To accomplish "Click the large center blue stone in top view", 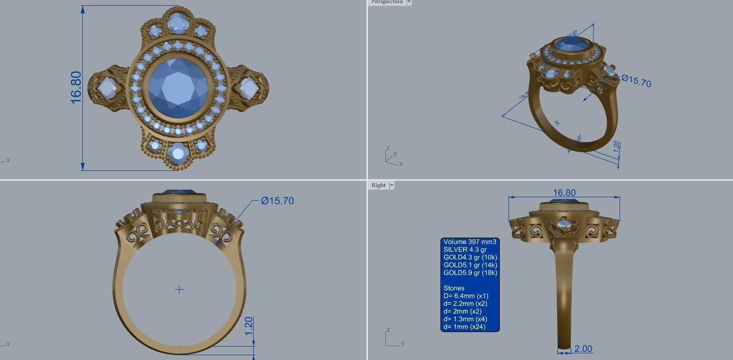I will pyautogui.click(x=178, y=88).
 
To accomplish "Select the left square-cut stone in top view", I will pyautogui.click(x=107, y=88).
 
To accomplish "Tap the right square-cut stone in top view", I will pyautogui.click(x=249, y=88).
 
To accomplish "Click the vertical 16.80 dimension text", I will pyautogui.click(x=76, y=88).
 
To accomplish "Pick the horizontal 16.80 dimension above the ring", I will pyautogui.click(x=564, y=192).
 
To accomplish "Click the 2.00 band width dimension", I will pyautogui.click(x=583, y=349).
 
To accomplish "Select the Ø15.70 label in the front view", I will pyautogui.click(x=278, y=201).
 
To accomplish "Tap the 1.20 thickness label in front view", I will pyautogui.click(x=248, y=326).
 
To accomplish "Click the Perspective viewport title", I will pyautogui.click(x=387, y=2).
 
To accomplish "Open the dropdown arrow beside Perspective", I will pyautogui.click(x=409, y=2).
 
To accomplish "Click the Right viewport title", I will pyautogui.click(x=378, y=185).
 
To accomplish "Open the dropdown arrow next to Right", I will pyautogui.click(x=392, y=185).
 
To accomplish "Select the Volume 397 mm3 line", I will pyautogui.click(x=470, y=242).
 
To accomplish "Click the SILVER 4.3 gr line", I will pyautogui.click(x=465, y=249).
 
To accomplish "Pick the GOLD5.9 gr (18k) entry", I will pyautogui.click(x=470, y=273).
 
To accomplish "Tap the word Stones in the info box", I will pyautogui.click(x=454, y=288).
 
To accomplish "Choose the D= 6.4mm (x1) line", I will pyautogui.click(x=466, y=296).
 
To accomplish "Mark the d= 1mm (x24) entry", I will pyautogui.click(x=464, y=327).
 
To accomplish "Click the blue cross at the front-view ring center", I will pyautogui.click(x=179, y=289).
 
